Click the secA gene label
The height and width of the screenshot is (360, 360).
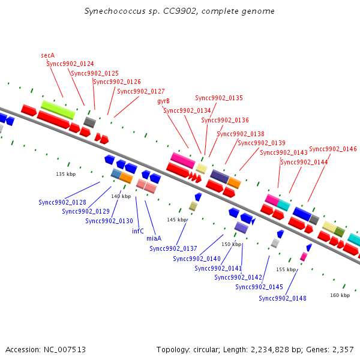[x=48, y=55]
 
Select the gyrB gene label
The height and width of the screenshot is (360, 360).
[x=163, y=101]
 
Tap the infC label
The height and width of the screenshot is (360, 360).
[x=137, y=230]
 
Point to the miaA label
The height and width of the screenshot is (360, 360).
[x=154, y=238]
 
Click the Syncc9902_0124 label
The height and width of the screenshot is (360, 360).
[x=70, y=64]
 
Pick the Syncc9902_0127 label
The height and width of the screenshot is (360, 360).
[x=141, y=91]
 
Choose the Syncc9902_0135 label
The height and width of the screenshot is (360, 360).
[x=219, y=98]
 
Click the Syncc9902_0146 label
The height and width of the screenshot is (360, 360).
[x=333, y=149]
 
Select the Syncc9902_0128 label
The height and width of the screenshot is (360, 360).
[x=62, y=202]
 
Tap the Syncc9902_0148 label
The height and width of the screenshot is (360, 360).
[x=283, y=298]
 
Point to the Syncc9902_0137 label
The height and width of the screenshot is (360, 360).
[x=173, y=248]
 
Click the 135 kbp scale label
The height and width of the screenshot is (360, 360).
[x=66, y=174]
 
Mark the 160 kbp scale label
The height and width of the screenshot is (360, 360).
[x=340, y=295]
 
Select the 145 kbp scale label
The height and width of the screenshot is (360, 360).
[x=176, y=220]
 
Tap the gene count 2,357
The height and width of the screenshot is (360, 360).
[x=342, y=349]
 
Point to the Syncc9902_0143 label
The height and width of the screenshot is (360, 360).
[x=284, y=152]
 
